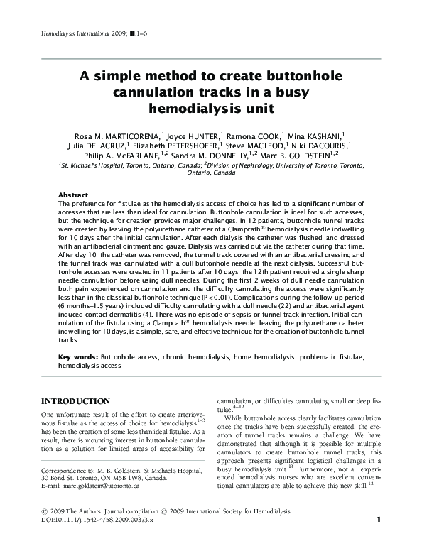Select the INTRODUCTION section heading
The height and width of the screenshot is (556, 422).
[75, 401]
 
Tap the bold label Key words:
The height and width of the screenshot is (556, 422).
[77, 354]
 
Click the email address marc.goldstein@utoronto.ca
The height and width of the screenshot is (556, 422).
[99, 486]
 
